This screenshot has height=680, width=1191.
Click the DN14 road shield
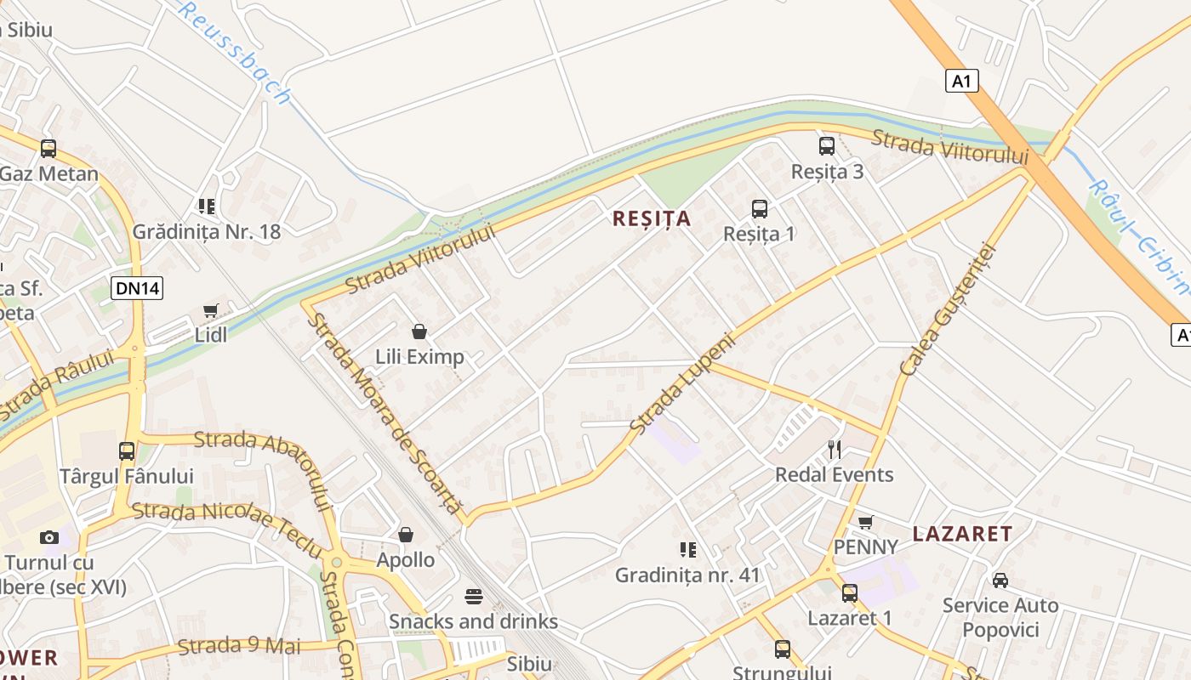coord(137,288)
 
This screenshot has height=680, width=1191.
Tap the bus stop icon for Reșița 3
coord(827,146)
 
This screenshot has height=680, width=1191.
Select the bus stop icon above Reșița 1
coord(759,208)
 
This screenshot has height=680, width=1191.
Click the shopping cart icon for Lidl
coord(210,311)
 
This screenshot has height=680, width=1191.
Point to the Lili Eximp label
coord(420,356)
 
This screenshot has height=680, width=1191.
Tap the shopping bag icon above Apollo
coord(406,535)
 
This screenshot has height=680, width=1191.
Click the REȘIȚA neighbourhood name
coord(652,218)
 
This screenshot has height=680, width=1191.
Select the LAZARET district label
coord(962,534)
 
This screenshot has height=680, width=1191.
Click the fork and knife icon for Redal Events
coord(835,450)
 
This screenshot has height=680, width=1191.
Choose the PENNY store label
coord(865,547)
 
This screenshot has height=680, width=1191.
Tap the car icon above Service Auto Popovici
coord(1000,581)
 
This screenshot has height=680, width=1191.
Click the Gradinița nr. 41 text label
coord(687,575)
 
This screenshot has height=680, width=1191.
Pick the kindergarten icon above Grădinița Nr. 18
coord(207,206)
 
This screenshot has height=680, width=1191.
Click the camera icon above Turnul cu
coord(49,537)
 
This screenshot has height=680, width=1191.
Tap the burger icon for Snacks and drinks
coord(474,597)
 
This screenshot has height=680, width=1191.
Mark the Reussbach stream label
coord(235,51)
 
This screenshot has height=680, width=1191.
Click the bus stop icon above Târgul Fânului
coord(127,451)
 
